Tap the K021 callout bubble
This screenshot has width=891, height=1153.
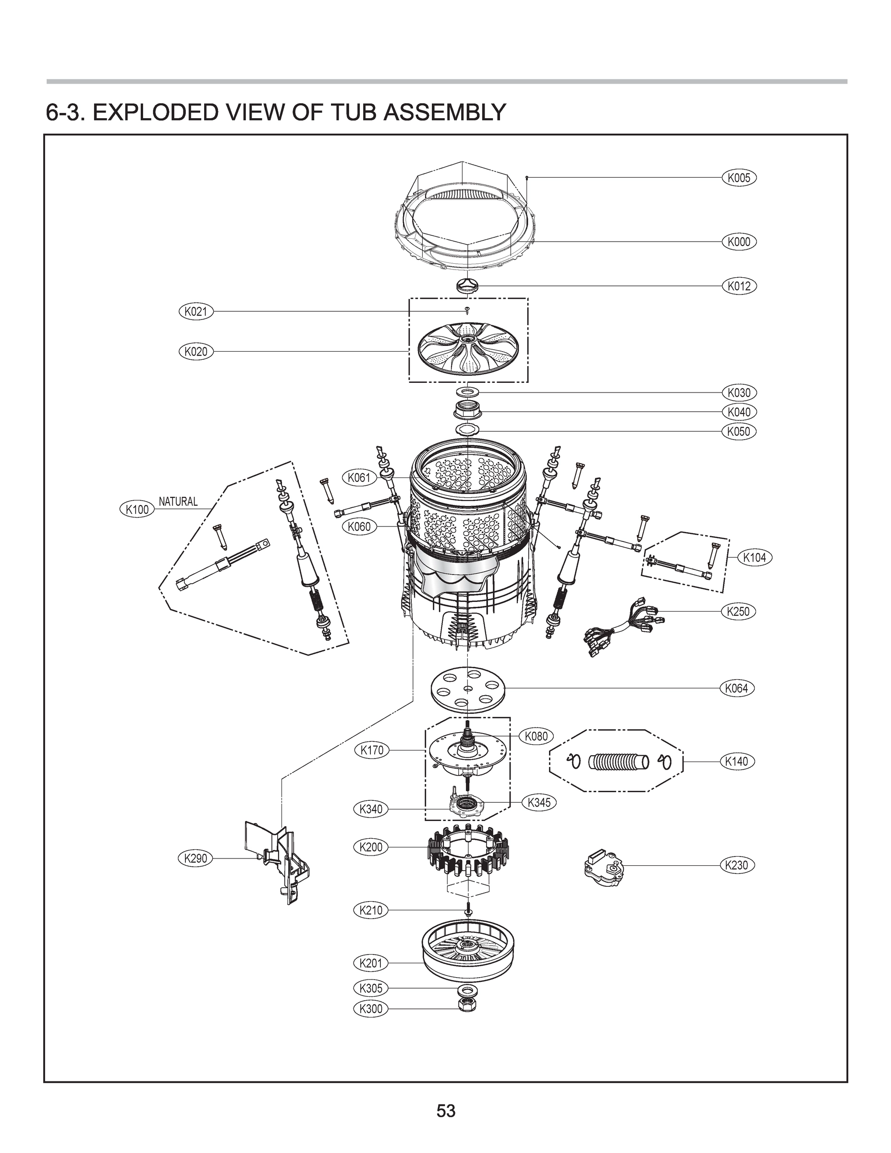[196, 311]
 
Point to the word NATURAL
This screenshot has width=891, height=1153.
[178, 502]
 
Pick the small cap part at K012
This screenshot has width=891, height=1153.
[467, 286]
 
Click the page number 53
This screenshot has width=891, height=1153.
[446, 1111]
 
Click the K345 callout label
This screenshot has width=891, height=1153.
[539, 802]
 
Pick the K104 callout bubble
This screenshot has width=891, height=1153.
[754, 557]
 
